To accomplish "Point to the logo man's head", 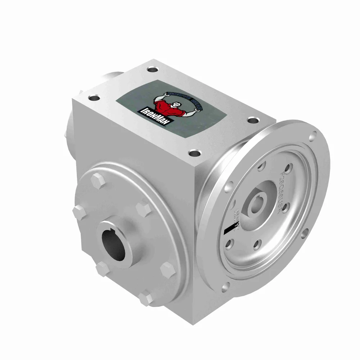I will (175, 104).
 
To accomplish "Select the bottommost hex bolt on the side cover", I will (145, 298).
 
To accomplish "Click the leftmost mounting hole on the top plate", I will (94, 98).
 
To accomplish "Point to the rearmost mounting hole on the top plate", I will (151, 68).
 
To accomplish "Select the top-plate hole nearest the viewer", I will (195, 153).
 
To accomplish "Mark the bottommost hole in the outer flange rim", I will (226, 287).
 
